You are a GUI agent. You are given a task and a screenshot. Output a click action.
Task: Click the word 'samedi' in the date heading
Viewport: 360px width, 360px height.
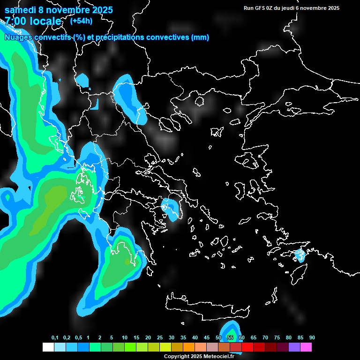(x=20, y=10)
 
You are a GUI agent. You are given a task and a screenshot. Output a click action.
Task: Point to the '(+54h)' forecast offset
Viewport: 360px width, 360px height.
(x=81, y=21)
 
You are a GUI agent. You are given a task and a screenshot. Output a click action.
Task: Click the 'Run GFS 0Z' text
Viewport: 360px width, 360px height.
(x=261, y=8)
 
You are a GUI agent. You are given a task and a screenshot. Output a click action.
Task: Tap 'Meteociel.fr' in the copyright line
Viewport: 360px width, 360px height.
(x=219, y=357)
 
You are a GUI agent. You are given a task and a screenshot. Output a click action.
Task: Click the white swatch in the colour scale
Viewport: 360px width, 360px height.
(x=48, y=347)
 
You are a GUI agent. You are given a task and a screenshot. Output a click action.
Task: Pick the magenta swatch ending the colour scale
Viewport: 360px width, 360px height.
(x=306, y=347)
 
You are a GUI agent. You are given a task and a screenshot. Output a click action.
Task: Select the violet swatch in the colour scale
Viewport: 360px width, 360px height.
(x=294, y=347)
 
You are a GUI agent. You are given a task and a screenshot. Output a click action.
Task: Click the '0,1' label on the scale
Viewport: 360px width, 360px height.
(x=55, y=338)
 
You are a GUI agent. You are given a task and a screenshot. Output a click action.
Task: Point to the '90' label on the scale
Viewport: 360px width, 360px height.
(x=312, y=338)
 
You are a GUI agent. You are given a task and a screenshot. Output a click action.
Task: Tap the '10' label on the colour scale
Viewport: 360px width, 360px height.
(x=125, y=338)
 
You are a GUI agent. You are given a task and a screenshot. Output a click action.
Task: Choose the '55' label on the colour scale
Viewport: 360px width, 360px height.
(x=230, y=338)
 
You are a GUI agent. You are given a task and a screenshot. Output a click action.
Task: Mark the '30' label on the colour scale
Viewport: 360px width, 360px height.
(x=172, y=338)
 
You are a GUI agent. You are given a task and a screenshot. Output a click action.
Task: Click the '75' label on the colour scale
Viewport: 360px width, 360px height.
(x=277, y=338)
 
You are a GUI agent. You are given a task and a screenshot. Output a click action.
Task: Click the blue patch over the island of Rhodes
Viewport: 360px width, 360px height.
(x=299, y=256)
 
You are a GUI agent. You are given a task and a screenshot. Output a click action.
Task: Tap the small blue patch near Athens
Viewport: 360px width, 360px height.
(x=169, y=206)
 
